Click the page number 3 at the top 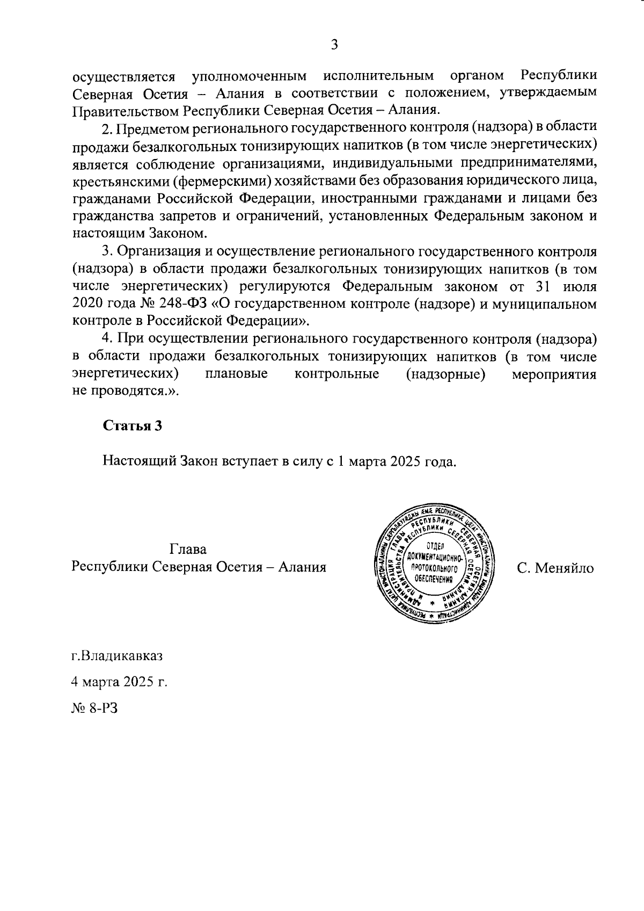(x=334, y=45)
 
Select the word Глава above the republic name (x=188, y=550)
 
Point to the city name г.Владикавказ (x=117, y=656)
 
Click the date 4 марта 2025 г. (x=120, y=682)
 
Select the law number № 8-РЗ (x=94, y=707)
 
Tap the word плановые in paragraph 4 (x=237, y=374)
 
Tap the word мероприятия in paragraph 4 (x=553, y=374)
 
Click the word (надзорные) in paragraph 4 (x=446, y=374)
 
